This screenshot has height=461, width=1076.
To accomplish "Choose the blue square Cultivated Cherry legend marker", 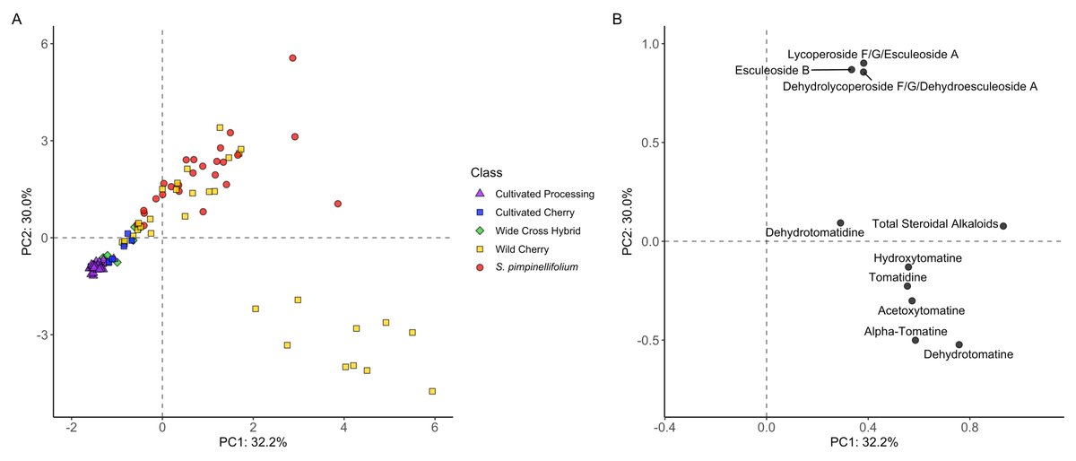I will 480,213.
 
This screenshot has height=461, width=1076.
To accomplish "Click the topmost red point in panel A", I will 292,57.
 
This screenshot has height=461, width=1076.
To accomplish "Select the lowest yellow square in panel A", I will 432,391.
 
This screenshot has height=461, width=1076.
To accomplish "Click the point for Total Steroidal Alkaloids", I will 1003,226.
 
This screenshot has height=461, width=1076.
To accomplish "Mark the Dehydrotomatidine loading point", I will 840,222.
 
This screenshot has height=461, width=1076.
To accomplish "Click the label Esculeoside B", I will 772,70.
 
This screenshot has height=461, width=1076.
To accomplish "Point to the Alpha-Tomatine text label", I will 906,331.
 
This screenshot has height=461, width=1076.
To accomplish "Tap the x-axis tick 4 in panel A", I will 343,429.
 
